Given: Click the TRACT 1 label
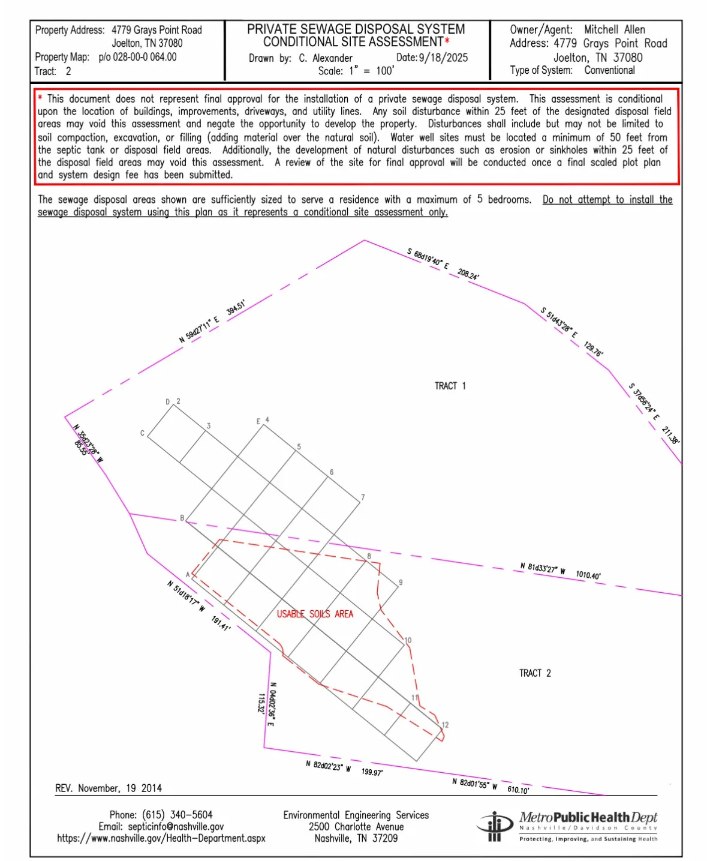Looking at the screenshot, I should click(x=450, y=386).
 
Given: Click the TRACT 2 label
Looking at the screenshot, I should click(x=534, y=673).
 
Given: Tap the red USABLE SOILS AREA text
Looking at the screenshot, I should click(x=315, y=614).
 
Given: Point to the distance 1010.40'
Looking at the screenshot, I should click(x=588, y=575).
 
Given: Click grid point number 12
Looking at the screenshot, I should click(x=445, y=725).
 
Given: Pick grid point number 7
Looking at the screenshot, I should click(x=363, y=497).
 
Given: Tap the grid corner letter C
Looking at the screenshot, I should click(x=142, y=433).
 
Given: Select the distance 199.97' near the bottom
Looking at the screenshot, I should click(x=372, y=772).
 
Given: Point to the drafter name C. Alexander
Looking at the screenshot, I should click(x=326, y=58).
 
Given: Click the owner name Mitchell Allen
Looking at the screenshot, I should click(x=615, y=29).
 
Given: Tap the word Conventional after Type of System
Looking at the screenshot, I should click(x=609, y=70).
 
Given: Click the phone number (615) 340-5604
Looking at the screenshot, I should click(x=177, y=814).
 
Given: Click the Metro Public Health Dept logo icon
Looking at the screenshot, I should click(x=494, y=826).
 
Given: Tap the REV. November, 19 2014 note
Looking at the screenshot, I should click(x=109, y=788).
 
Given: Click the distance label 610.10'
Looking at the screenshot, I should click(x=518, y=790).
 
